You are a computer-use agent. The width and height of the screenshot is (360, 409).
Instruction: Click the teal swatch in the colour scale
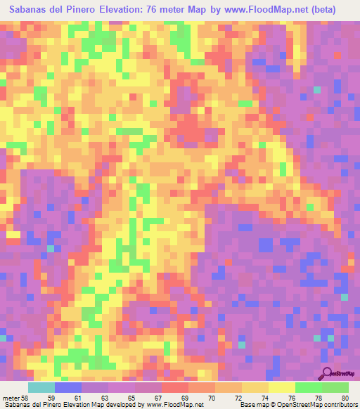pos(41,387)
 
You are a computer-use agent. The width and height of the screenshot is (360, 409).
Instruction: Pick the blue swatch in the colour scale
pos(68,387)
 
